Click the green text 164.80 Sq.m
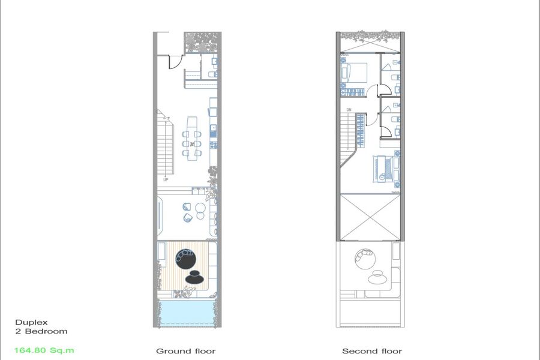click(x=44, y=350)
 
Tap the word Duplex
click(x=31, y=323)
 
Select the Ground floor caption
click(x=185, y=351)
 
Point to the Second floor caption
click(x=372, y=351)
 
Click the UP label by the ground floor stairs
click(x=166, y=180)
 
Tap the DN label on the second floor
click(x=349, y=110)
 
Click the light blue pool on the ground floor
click(x=187, y=313)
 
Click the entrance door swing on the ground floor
click(x=175, y=62)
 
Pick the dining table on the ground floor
click(x=192, y=139)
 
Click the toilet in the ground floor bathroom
click(x=213, y=74)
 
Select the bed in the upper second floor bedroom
click(x=354, y=73)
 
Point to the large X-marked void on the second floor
click(x=370, y=217)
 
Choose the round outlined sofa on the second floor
click(x=365, y=259)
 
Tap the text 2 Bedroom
click(x=41, y=331)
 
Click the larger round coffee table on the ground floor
click(x=200, y=208)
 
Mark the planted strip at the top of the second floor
click(x=370, y=35)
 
